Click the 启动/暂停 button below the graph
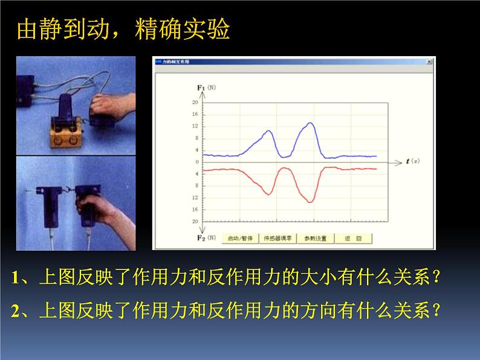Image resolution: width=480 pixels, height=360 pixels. [239, 238]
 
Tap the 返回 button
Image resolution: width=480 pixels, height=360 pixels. [354, 238]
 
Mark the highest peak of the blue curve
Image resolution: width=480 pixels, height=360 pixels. [310, 123]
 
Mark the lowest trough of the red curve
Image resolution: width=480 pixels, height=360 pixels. [310, 201]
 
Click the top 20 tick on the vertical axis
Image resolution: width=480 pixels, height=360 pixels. [195, 103]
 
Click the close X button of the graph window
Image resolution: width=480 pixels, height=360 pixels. [429, 62]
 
